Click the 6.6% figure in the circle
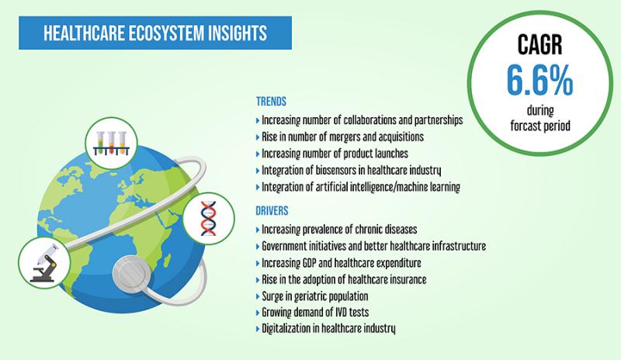pyautogui.click(x=539, y=80)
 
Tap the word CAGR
pyautogui.click(x=539, y=44)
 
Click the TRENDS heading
pyautogui.click(x=271, y=102)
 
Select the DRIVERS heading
pyautogui.click(x=272, y=211)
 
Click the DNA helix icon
pyautogui.click(x=208, y=218)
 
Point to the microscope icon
pyautogui.click(x=44, y=263)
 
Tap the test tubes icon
pyautogui.click(x=111, y=143)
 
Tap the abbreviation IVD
pyautogui.click(x=341, y=312)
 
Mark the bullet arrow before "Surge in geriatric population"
pyautogui.click(x=258, y=296)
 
